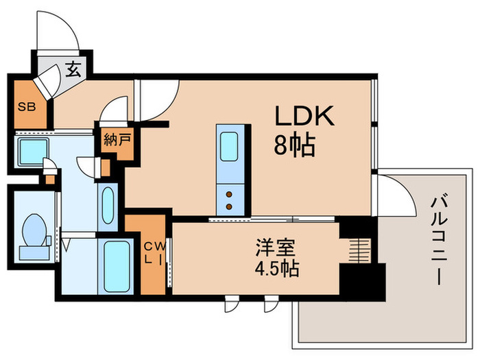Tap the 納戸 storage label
[x=116, y=141]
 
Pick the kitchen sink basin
[x=228, y=146]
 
